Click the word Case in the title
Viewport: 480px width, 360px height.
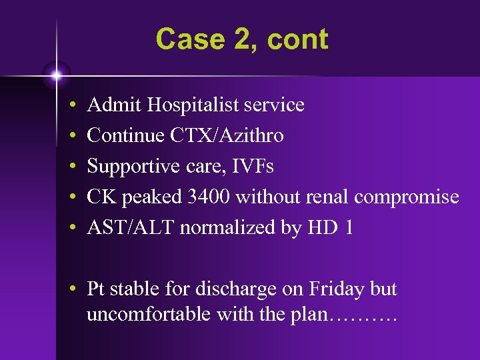[x=182, y=39]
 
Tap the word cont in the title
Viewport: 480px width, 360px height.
[x=297, y=39]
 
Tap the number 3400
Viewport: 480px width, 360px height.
[x=207, y=197]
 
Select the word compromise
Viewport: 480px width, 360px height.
[x=407, y=197]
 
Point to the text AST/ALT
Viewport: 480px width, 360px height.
[x=130, y=228]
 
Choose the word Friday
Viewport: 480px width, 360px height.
[x=336, y=289]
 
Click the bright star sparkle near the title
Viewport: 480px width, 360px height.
[x=57, y=75]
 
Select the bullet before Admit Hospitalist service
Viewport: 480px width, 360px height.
[x=70, y=106]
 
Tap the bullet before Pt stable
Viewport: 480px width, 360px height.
[x=70, y=290]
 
